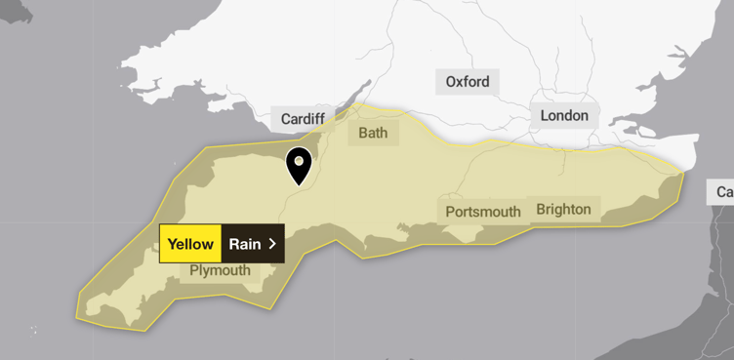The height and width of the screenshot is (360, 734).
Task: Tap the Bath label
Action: (373, 132)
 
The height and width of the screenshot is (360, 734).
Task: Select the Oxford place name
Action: (468, 82)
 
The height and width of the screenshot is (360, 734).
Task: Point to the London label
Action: (564, 116)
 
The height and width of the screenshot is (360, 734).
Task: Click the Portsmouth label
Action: (483, 212)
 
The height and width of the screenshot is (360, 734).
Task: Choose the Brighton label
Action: (563, 209)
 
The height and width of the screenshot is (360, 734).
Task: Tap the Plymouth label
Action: (220, 270)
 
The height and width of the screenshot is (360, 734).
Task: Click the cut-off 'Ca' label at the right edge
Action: (723, 192)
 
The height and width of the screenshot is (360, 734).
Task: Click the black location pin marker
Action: (299, 166)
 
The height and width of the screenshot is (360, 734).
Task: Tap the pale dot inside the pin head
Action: (299, 159)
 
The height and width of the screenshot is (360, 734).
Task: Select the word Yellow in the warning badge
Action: (190, 244)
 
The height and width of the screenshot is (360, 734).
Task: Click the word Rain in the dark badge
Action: (245, 244)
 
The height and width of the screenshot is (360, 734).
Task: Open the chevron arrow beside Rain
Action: (272, 244)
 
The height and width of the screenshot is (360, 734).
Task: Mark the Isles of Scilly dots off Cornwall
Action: (35, 331)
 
